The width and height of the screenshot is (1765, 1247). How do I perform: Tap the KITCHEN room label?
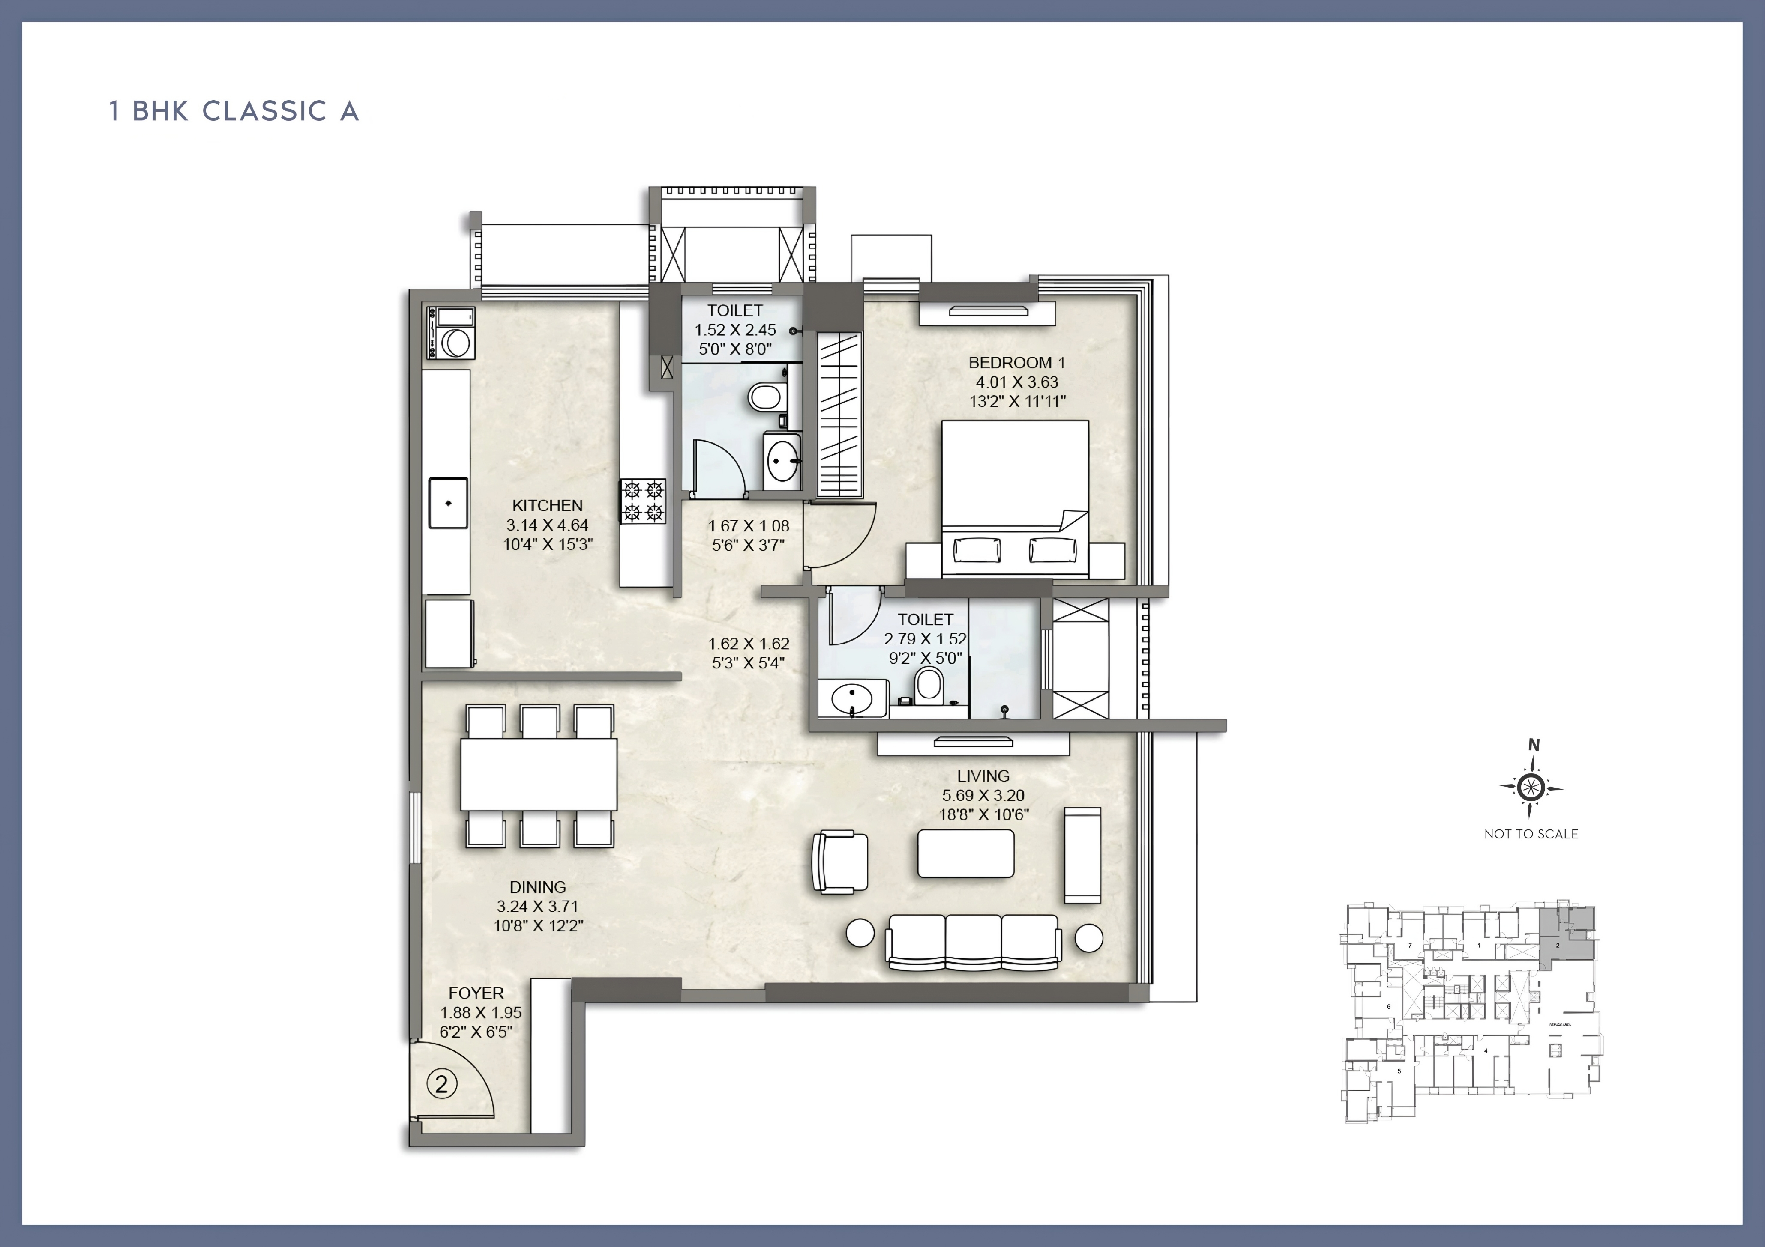(547, 506)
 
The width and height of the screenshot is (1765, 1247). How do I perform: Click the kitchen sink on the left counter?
(448, 503)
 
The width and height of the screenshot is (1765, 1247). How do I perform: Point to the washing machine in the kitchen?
(452, 334)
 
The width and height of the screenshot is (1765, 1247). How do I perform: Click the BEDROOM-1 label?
(1016, 363)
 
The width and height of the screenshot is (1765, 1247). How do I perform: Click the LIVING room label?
(983, 776)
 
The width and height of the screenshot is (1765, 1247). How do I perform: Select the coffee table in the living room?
(965, 853)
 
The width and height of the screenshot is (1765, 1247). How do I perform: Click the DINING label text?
(537, 887)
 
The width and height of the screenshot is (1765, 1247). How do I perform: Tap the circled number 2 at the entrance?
(441, 1084)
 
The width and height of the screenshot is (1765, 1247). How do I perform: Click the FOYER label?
(476, 993)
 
